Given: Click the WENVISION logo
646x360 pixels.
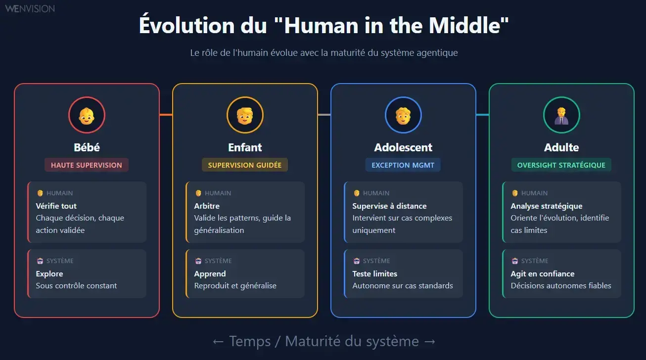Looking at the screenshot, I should click(x=30, y=8).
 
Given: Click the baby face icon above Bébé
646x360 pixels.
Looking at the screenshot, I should click(x=87, y=115).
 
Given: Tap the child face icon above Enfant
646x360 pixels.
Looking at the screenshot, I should click(x=245, y=115).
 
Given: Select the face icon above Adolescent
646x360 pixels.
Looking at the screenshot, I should click(x=403, y=115).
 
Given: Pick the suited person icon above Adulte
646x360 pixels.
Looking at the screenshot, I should click(x=561, y=115).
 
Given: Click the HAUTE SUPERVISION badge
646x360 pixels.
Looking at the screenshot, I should click(x=87, y=165).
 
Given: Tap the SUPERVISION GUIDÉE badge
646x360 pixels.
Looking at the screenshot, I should click(x=245, y=165).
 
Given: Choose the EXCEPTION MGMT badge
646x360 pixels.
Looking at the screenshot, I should click(x=403, y=165).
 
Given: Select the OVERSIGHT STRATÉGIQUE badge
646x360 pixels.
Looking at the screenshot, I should click(x=561, y=165).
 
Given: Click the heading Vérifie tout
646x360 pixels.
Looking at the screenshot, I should click(x=56, y=206).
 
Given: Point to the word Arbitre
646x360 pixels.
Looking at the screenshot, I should click(x=207, y=206).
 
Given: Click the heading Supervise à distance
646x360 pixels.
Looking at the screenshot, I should click(x=389, y=206).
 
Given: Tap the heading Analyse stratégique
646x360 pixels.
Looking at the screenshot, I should click(x=547, y=206).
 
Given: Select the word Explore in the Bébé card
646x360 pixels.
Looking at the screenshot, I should click(x=49, y=273).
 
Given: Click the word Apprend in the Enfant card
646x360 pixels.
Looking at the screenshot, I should click(x=210, y=273).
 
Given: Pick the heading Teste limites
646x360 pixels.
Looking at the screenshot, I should click(x=375, y=273).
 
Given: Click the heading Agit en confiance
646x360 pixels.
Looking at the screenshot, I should click(x=543, y=273).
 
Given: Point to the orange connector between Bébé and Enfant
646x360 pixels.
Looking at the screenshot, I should click(x=166, y=115).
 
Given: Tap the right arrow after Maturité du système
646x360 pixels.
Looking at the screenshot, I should click(x=430, y=341).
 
